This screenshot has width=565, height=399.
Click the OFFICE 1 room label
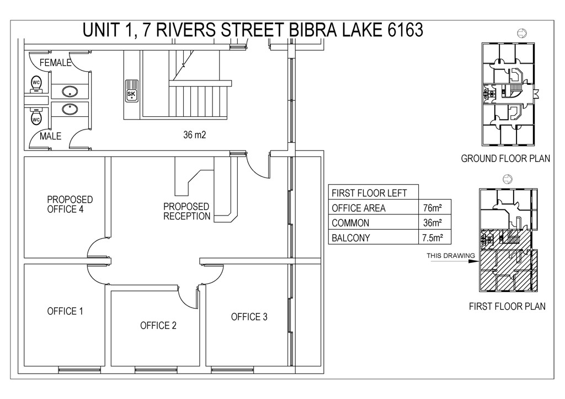click(x=65, y=311)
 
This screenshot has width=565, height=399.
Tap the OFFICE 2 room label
click(x=158, y=326)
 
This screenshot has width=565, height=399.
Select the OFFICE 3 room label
click(x=249, y=317)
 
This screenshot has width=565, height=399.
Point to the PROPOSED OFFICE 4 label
click(x=70, y=204)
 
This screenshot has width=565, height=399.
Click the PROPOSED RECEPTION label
click(x=186, y=211)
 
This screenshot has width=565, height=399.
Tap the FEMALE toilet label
click(x=56, y=63)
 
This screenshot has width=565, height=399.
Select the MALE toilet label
click(x=50, y=136)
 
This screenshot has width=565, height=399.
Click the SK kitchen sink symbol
click(x=131, y=91)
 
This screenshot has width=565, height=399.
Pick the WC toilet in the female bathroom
click(x=36, y=84)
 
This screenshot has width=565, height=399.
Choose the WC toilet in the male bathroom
click(x=36, y=116)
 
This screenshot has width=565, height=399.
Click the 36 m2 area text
click(x=195, y=135)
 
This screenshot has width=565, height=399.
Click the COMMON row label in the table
click(x=350, y=223)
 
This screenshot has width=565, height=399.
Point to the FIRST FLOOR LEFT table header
click(x=369, y=193)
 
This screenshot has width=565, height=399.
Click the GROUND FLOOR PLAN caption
click(x=505, y=158)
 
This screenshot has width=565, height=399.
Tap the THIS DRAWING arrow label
click(x=451, y=256)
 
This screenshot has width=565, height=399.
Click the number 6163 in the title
click(x=405, y=30)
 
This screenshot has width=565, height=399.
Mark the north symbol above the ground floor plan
click(x=522, y=33)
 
